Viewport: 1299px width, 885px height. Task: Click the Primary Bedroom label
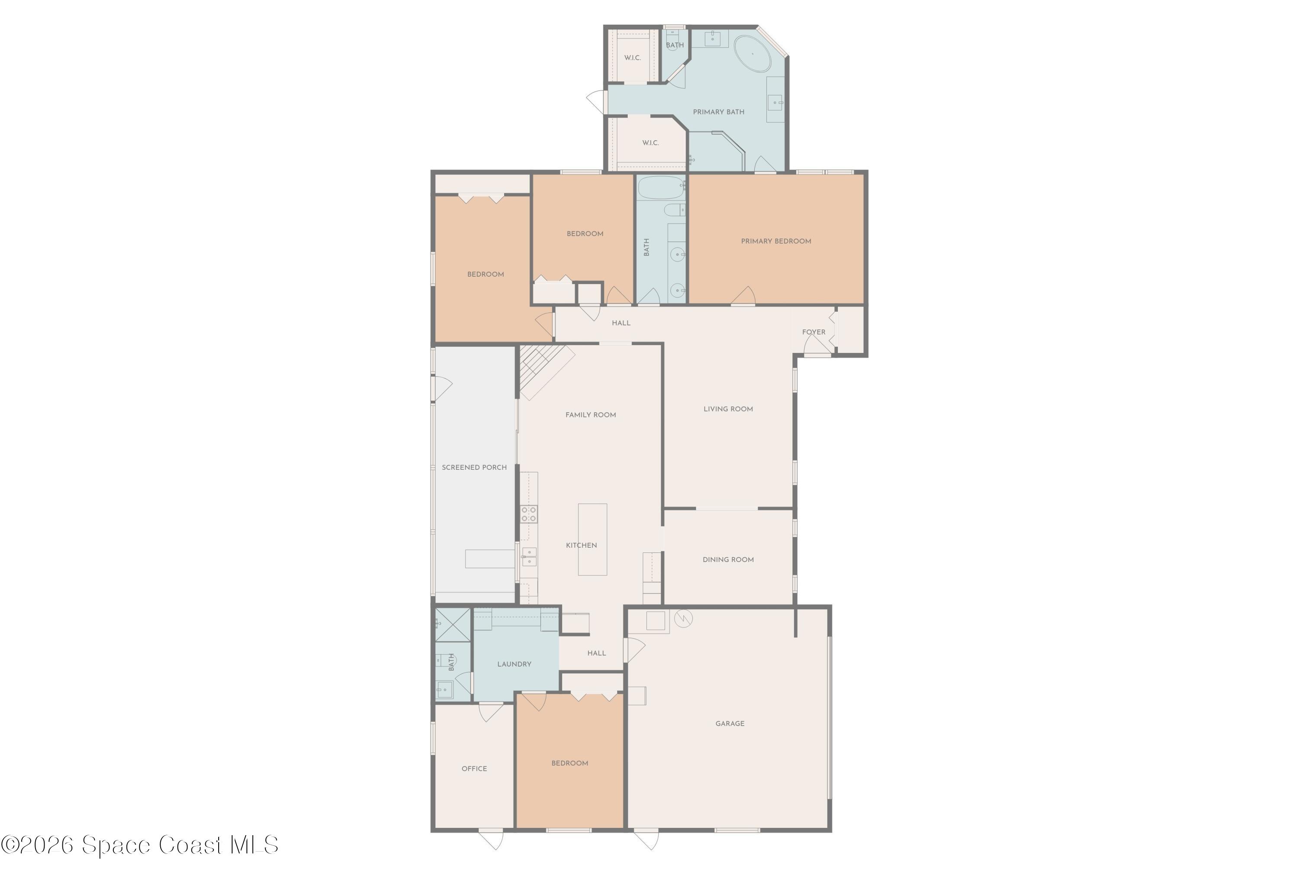[x=776, y=241]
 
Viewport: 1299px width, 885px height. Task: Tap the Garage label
[x=730, y=724]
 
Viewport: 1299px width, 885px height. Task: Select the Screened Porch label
[x=474, y=467]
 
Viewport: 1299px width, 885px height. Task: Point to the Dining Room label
[x=728, y=560]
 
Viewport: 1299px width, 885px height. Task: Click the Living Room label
[x=728, y=409]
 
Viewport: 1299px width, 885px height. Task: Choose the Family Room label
[x=590, y=415]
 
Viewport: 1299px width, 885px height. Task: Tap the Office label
[x=474, y=769]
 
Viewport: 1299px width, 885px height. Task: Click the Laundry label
[x=514, y=664]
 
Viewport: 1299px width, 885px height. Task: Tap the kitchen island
[x=592, y=539]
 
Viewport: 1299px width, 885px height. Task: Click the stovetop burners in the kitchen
[x=529, y=514]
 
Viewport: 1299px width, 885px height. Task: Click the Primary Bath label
[x=718, y=112]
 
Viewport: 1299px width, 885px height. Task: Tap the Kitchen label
[x=582, y=546]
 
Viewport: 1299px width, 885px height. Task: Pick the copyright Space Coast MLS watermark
[x=140, y=845]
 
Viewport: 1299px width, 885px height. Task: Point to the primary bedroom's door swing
[x=743, y=296]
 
